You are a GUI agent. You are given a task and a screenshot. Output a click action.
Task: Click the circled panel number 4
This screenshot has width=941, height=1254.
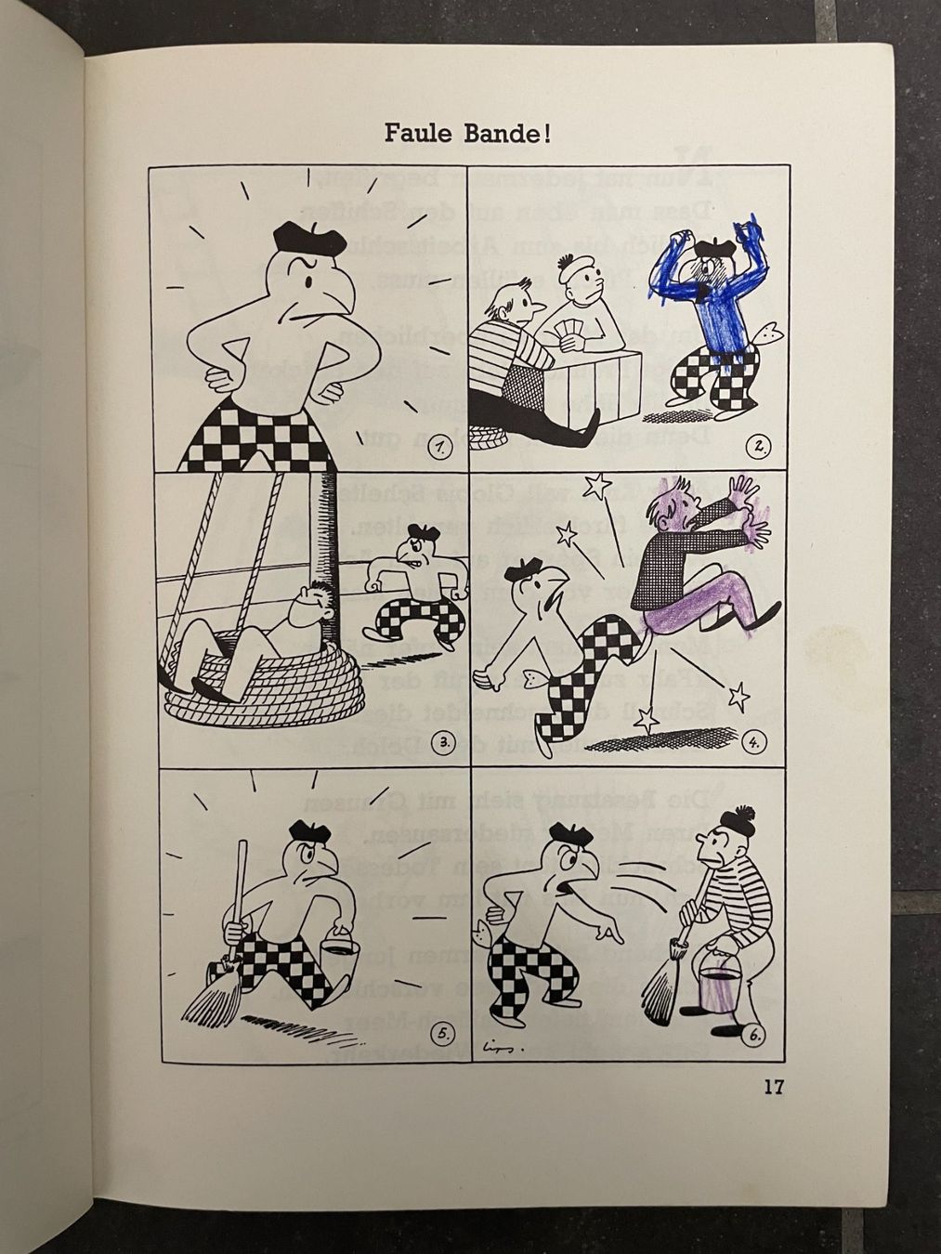point(757,742)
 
